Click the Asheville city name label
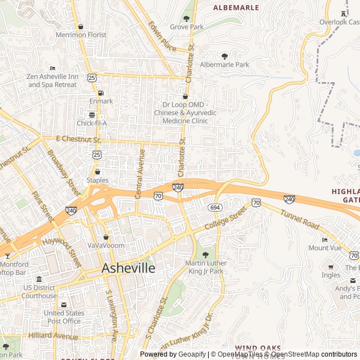coord(128,269)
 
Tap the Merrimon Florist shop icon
coord(81,26)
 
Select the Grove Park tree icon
coord(187,19)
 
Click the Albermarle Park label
coord(224,65)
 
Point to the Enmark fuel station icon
coord(101,93)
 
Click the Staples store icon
coord(97,172)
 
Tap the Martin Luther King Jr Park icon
coord(205,255)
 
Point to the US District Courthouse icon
coord(39,280)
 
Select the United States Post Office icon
coord(63,305)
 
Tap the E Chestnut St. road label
coord(78,139)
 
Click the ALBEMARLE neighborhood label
coord(236,8)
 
